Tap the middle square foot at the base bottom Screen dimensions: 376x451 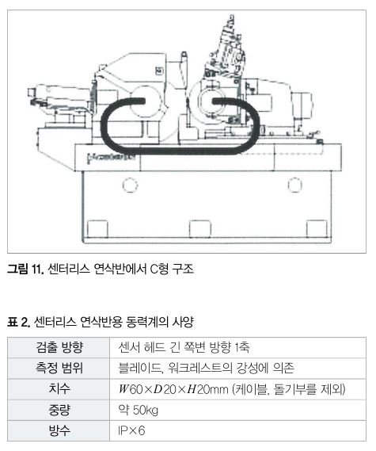[x=200, y=229]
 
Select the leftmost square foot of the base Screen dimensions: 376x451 [x=97, y=229]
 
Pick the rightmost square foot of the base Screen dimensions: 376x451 [x=317, y=229]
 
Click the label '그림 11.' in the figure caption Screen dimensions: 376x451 [x=25, y=269]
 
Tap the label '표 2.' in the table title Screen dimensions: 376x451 [x=19, y=322]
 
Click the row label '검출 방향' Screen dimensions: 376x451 [x=59, y=347]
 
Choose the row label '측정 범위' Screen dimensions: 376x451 [x=59, y=368]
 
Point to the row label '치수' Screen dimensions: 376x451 [x=59, y=389]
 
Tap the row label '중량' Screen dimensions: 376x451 [x=59, y=410]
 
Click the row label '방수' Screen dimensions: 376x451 [x=59, y=430]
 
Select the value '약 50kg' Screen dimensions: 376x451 [x=139, y=410]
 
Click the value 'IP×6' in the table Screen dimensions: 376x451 [x=131, y=430]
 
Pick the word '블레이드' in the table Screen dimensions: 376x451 [x=140, y=368]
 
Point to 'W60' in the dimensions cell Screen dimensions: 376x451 [x=131, y=389]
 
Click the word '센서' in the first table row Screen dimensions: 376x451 [x=129, y=347]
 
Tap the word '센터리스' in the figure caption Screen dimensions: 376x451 [x=69, y=269]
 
